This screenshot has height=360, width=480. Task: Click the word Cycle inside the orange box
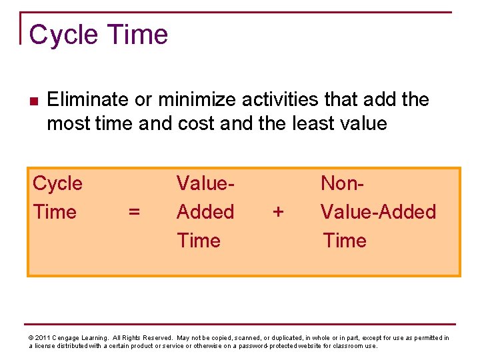coord(57,183)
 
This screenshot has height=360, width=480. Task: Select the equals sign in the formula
coord(134,212)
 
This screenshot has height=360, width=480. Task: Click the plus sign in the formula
coord(278,212)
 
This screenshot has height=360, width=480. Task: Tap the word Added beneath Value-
coord(205,212)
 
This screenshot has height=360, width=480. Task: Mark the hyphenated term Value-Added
coord(378,212)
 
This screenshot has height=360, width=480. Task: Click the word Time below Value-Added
coord(345,241)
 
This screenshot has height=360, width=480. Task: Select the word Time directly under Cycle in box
coord(55,212)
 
